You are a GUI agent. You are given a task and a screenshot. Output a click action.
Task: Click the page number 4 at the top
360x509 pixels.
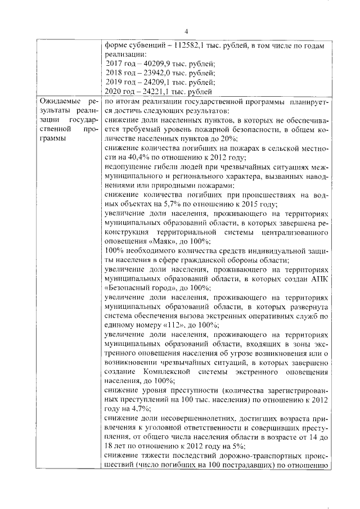click(x=186, y=31)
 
